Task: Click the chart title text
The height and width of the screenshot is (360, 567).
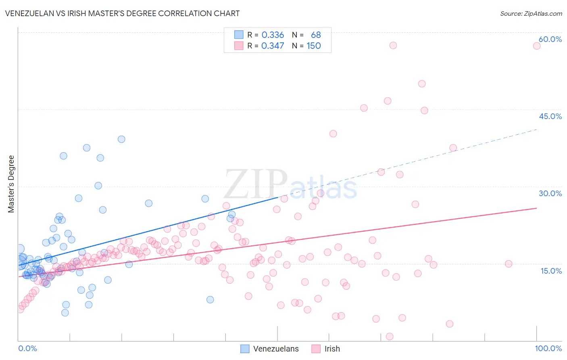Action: tap(122, 14)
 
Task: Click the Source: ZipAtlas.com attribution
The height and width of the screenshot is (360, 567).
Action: tap(531, 14)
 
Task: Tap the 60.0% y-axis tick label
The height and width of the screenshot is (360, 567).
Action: tap(550, 39)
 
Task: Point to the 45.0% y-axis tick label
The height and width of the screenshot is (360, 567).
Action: tap(550, 116)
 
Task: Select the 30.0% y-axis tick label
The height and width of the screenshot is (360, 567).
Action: tap(550, 193)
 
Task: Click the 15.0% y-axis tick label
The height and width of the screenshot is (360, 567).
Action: tap(551, 271)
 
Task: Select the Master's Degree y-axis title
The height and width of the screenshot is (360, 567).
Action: tap(11, 184)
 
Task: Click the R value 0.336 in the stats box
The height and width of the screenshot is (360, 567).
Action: tap(273, 35)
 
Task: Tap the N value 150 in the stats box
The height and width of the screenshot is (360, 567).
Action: tap(314, 46)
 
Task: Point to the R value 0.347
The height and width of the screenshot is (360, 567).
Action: tap(273, 46)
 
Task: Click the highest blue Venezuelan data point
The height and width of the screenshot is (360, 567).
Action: tap(121, 139)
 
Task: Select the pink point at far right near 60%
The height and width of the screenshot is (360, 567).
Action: tap(536, 46)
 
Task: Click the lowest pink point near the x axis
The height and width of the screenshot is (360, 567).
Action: tap(390, 337)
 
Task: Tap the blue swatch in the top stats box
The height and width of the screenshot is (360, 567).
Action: tap(239, 35)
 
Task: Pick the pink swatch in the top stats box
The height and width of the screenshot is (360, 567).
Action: tap(239, 46)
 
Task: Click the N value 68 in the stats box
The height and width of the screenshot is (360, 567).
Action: tap(316, 35)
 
